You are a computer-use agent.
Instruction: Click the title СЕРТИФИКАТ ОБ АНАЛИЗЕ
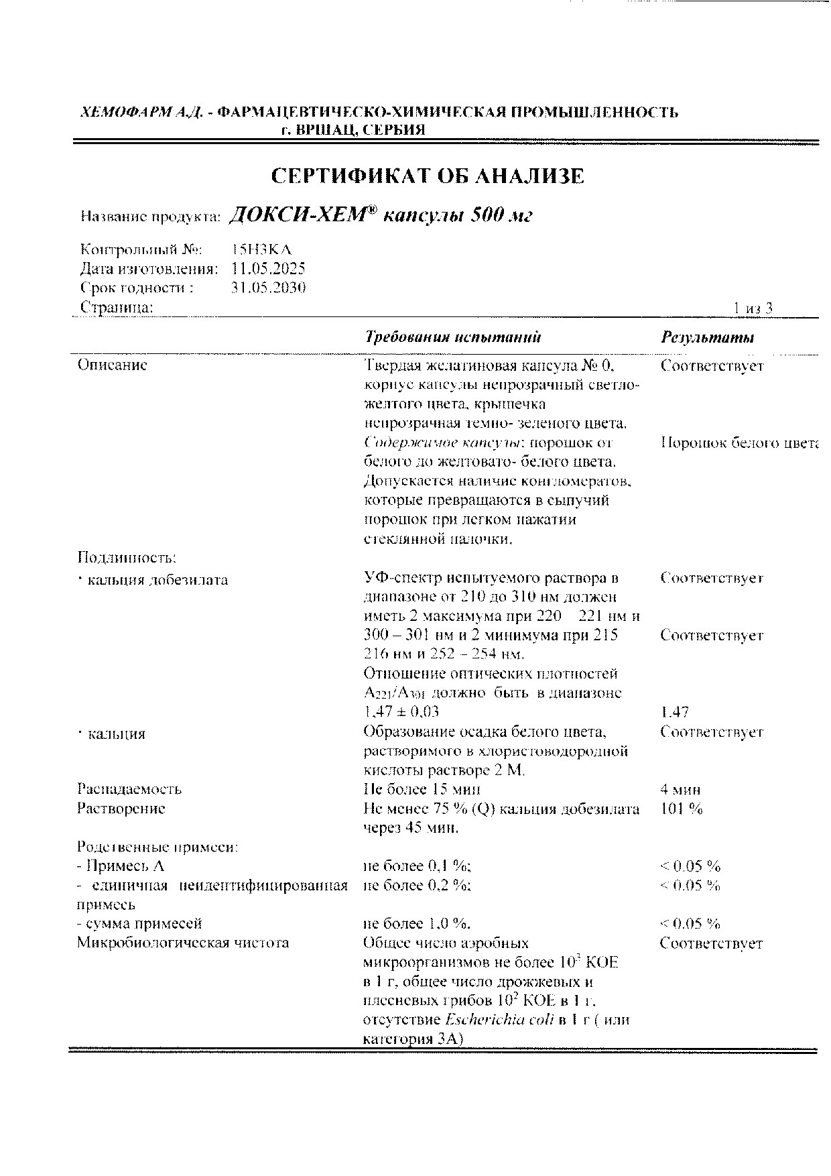tap(428, 176)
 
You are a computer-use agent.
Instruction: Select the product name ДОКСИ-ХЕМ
tap(300, 215)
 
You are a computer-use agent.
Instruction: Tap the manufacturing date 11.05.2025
tap(267, 269)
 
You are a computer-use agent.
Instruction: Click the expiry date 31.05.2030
tap(267, 288)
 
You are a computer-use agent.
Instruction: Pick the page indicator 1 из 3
tap(753, 308)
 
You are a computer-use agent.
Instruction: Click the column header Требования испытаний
tap(453, 337)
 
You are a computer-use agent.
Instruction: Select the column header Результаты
tap(707, 337)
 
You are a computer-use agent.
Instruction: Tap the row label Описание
tap(112, 365)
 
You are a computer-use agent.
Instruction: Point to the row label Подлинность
tap(127, 557)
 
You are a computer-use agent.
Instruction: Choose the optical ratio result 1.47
tap(674, 712)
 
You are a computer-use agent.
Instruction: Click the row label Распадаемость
tap(129, 789)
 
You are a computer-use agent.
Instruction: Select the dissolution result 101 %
tap(682, 809)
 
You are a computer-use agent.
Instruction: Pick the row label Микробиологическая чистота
tap(183, 943)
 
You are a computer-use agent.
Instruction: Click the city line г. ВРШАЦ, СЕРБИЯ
tap(353, 130)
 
